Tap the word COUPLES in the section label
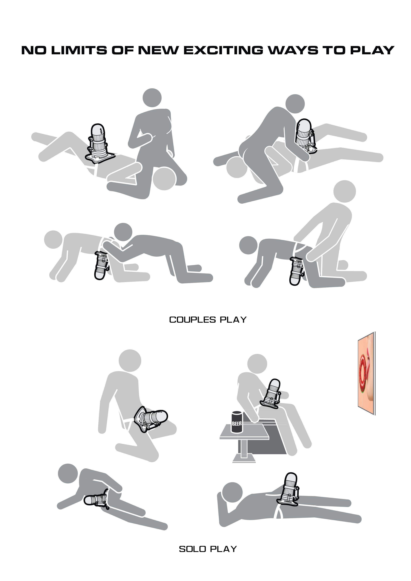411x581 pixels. pos(192,320)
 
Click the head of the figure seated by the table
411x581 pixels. pos(257,365)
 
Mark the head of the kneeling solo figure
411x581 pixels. pos(130,361)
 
